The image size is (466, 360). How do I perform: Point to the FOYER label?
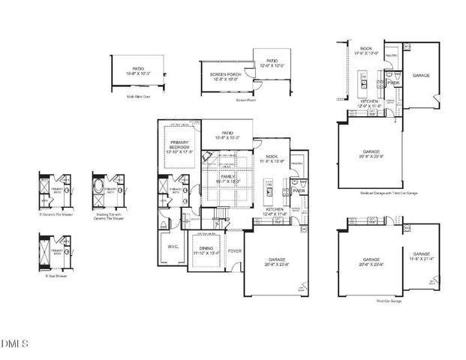coord(234,251)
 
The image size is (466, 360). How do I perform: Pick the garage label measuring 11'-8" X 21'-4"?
coord(419,257)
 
